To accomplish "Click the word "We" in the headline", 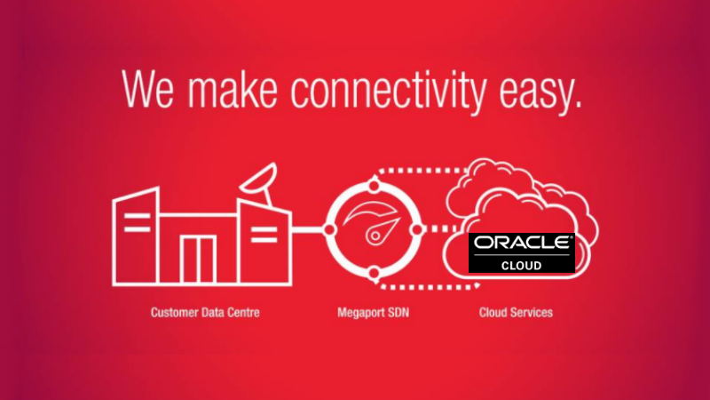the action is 147,89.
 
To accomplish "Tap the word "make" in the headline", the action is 233,89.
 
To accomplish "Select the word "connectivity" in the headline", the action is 388,91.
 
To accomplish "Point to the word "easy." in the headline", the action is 540,93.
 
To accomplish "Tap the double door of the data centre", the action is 198,260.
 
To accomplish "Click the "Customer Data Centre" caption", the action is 205,313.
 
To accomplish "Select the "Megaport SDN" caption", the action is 373,313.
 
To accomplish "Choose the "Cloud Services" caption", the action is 516,313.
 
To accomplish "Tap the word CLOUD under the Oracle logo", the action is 521,265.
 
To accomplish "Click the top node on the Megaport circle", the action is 374,186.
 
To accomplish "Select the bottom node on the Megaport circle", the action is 374,273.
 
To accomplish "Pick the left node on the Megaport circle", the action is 329,229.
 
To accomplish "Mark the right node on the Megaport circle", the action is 417,229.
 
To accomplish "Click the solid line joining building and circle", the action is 307,229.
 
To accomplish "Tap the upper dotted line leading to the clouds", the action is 421,171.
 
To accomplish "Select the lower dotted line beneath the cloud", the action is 428,286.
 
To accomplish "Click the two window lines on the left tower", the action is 138,223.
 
